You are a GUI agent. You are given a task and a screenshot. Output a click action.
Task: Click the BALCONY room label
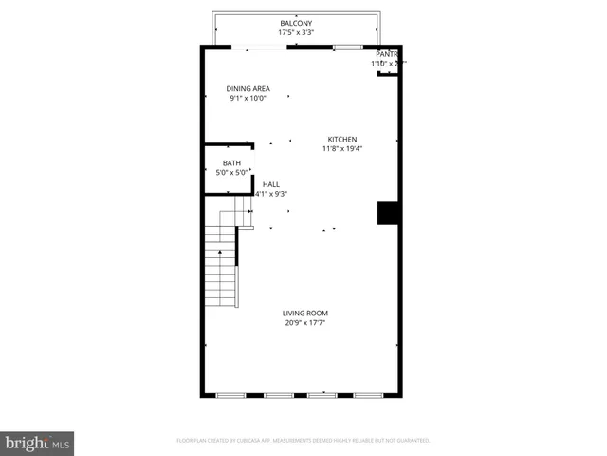[296, 23]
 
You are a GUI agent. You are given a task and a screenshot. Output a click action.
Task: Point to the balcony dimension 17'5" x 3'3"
[296, 32]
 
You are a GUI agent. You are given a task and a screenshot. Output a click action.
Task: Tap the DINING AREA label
[248, 88]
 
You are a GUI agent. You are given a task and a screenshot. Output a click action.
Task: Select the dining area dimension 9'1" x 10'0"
[248, 98]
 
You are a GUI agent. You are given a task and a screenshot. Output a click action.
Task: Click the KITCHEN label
[342, 139]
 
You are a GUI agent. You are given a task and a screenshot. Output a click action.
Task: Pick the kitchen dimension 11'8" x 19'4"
[342, 148]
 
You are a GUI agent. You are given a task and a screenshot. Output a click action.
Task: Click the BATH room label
[231, 163]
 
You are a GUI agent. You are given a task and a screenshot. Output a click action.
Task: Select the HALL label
[271, 184]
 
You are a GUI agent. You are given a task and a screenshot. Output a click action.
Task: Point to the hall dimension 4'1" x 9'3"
[271, 194]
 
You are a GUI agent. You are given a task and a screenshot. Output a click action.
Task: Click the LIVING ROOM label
[305, 313]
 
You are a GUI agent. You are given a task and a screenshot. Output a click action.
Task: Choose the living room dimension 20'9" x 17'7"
[305, 323]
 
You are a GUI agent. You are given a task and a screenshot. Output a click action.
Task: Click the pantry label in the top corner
[386, 55]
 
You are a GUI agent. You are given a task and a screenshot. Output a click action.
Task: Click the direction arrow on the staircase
[220, 252]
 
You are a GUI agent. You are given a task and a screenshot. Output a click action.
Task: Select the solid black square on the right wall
[387, 213]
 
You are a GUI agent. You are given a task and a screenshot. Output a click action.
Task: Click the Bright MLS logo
[37, 443]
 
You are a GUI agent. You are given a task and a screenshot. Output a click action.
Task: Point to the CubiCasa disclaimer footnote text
[303, 441]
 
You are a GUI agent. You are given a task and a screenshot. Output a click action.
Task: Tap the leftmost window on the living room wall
[230, 394]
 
